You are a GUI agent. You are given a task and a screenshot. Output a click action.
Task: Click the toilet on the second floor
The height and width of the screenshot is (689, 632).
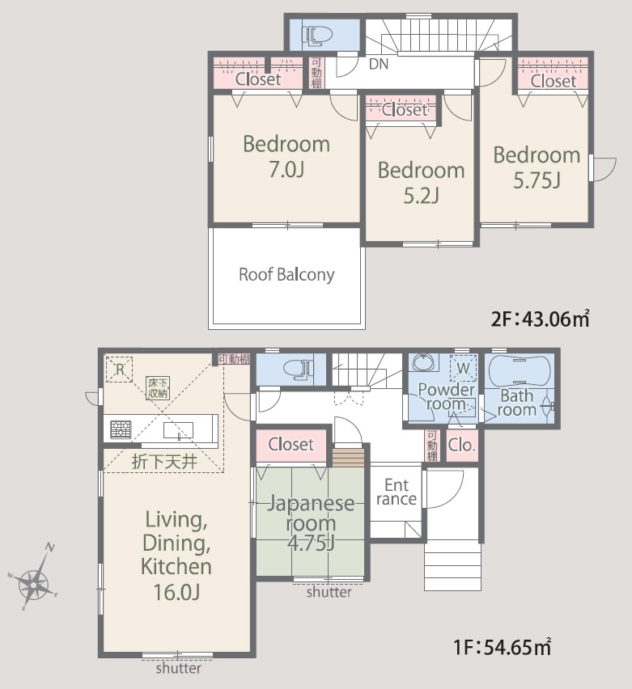point(315,35)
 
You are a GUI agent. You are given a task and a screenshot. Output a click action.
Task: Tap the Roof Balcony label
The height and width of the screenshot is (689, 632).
point(286,275)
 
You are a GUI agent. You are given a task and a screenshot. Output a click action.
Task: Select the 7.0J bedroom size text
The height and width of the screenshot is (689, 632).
point(286,170)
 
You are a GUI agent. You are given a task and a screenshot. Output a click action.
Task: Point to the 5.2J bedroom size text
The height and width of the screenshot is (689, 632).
point(422,196)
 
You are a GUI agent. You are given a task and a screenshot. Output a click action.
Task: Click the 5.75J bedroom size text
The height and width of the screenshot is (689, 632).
point(537,180)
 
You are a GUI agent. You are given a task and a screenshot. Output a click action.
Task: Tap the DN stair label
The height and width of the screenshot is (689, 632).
point(379,64)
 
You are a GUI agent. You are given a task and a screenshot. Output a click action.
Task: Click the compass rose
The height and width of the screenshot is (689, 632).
point(33,579)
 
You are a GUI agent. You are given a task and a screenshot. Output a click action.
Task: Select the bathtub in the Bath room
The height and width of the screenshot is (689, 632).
point(520,370)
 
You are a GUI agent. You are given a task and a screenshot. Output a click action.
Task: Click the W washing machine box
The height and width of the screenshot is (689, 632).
point(463,368)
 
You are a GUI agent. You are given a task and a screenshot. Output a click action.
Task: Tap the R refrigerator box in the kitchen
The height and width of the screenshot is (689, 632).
point(119,369)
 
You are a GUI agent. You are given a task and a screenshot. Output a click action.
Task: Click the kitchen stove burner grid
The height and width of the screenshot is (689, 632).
point(121,429)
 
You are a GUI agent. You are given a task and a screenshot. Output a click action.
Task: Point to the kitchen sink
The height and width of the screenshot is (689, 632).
point(178,430)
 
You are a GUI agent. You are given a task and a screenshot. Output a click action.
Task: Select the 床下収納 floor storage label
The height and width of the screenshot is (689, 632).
point(158,388)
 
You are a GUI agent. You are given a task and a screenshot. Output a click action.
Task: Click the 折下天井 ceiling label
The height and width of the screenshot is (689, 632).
point(164,462)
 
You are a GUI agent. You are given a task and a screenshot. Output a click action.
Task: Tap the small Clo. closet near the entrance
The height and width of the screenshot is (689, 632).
point(462,446)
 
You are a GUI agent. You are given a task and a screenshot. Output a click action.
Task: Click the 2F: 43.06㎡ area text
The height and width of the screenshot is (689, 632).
point(540,319)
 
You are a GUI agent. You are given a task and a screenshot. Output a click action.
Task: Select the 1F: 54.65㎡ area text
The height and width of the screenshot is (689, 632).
point(502,647)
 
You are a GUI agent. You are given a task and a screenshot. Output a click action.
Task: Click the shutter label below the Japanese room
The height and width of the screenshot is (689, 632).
point(329,592)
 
